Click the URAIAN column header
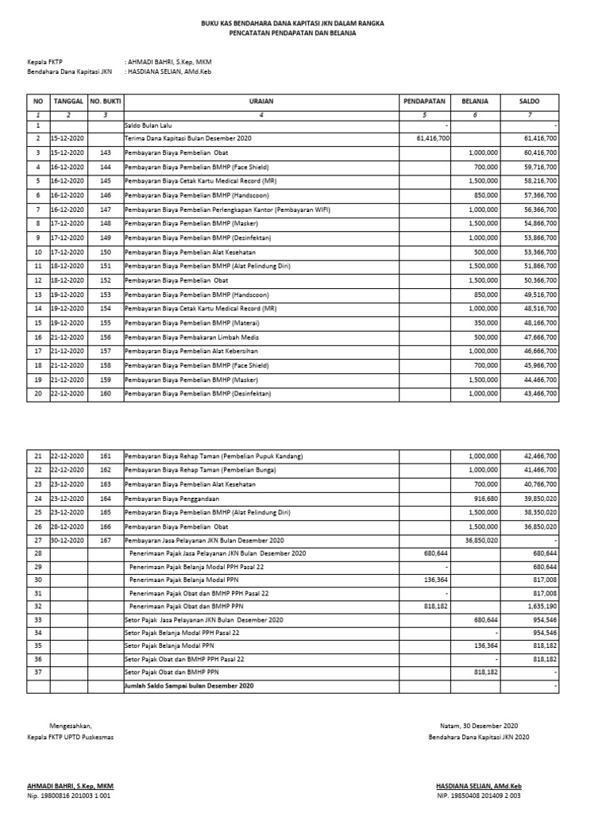(261, 102)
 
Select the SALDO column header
(530, 102)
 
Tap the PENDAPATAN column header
(425, 102)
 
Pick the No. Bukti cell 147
(106, 210)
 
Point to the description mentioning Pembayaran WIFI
(227, 210)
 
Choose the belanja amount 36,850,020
(479, 540)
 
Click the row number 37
(37, 672)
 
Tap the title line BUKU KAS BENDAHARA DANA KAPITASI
(292, 25)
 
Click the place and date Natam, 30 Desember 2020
(478, 726)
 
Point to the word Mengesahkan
(71, 726)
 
